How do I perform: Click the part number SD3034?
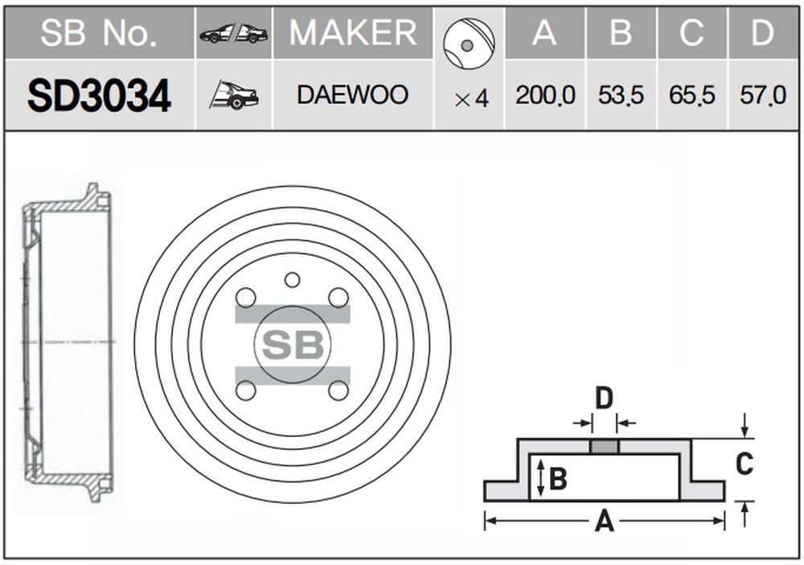pos(99,96)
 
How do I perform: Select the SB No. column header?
pos(99,33)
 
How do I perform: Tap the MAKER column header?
pos(353,33)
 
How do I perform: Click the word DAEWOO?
pos(353,95)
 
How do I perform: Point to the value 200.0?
pos(545,95)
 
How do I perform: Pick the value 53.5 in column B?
pos(621,95)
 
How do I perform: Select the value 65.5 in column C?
pos(691,95)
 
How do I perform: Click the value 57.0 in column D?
pos(762,95)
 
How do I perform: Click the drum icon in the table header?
pos(469,43)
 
